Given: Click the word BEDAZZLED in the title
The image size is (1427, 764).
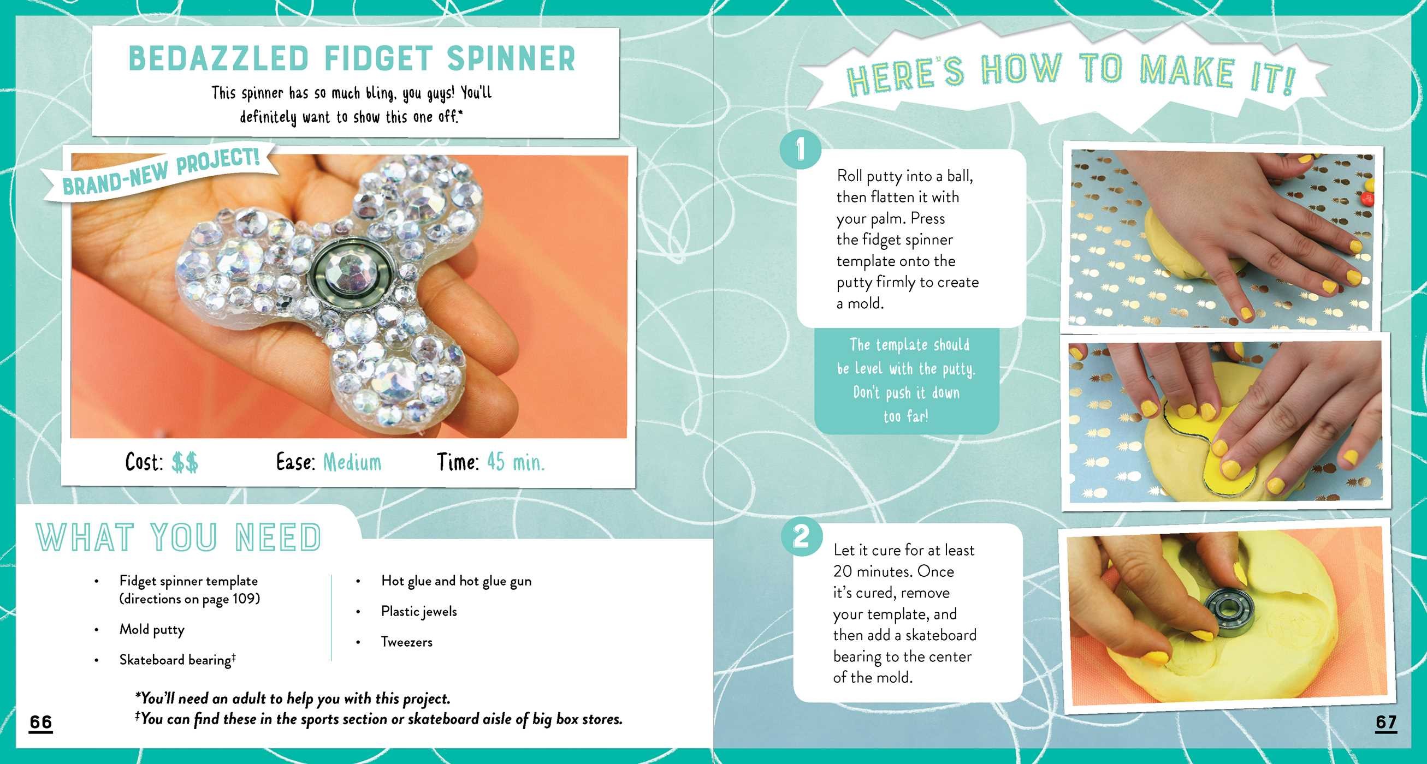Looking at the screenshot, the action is (x=218, y=59).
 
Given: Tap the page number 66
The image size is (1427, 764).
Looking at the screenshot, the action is (x=41, y=722).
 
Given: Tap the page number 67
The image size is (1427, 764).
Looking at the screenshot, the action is (x=1386, y=722).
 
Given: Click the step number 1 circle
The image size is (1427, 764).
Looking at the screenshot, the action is (x=800, y=150).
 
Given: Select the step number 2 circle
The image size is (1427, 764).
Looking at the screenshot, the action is (x=801, y=536).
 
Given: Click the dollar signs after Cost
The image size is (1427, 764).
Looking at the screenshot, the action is (x=185, y=462).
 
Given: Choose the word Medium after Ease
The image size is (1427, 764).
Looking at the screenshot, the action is (x=352, y=462).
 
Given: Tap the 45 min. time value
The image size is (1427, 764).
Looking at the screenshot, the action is (x=516, y=462).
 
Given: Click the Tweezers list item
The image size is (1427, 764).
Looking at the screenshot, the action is (x=407, y=642).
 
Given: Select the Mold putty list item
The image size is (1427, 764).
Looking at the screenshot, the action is (x=152, y=630).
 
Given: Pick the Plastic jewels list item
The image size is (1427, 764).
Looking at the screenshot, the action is (x=419, y=612).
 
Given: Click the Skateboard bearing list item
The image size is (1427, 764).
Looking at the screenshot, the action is (x=177, y=660).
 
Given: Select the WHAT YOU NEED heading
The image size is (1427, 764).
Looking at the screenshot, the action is (x=179, y=537).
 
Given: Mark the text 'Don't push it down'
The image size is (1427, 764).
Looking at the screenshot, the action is (x=906, y=392).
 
